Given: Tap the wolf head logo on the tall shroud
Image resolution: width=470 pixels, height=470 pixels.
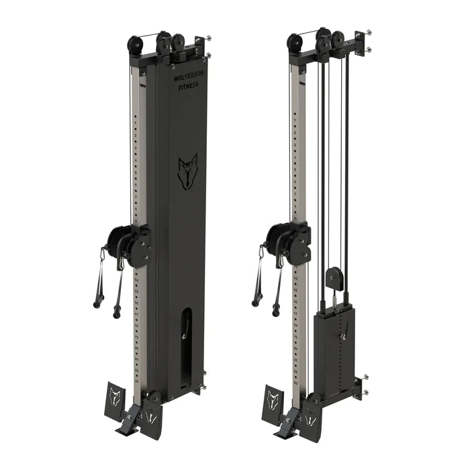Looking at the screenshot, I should (187, 171).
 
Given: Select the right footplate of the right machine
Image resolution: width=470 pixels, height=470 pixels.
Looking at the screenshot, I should (310, 417).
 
